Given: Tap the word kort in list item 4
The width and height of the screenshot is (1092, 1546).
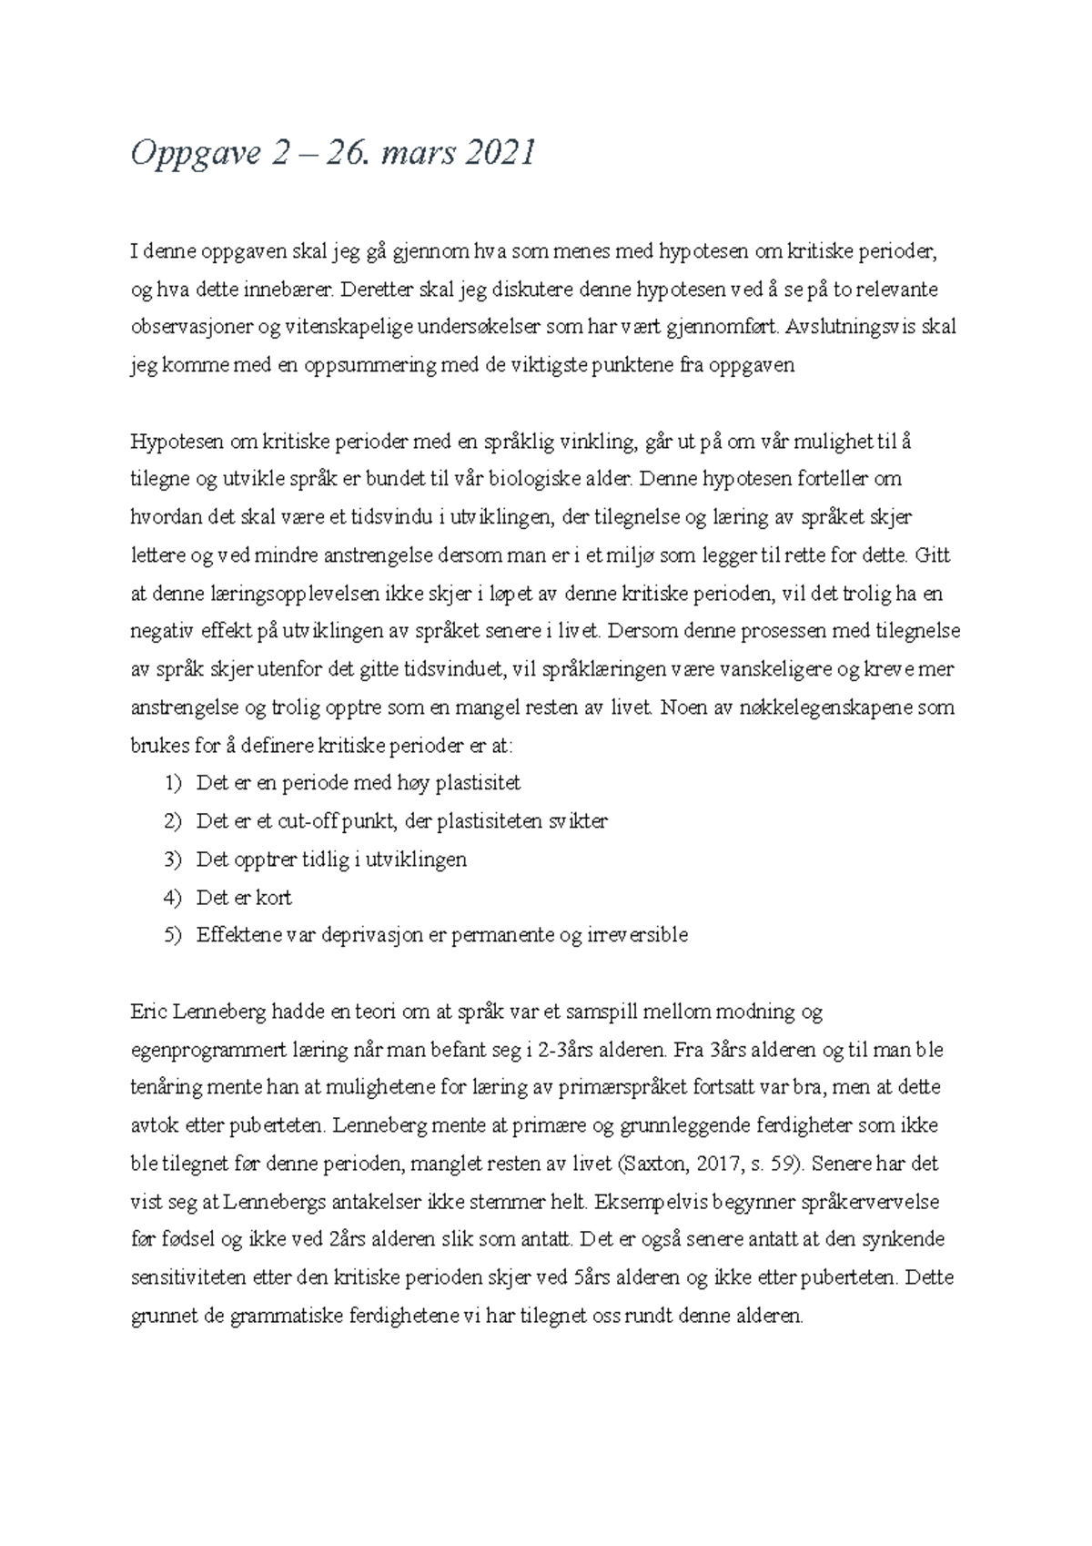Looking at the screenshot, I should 274,898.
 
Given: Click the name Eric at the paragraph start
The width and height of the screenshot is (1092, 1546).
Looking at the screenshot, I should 149,1012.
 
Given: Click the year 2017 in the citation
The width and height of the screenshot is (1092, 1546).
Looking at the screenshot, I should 711,1164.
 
